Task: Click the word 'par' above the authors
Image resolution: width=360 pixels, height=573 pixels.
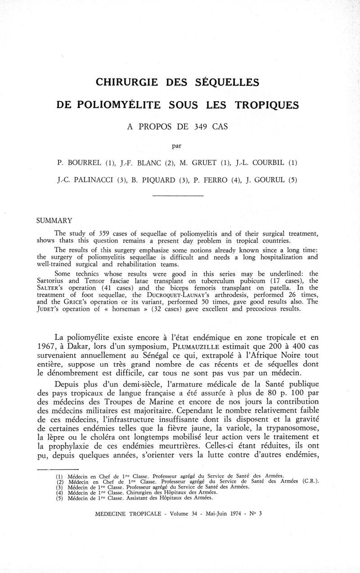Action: tap(179, 145)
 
